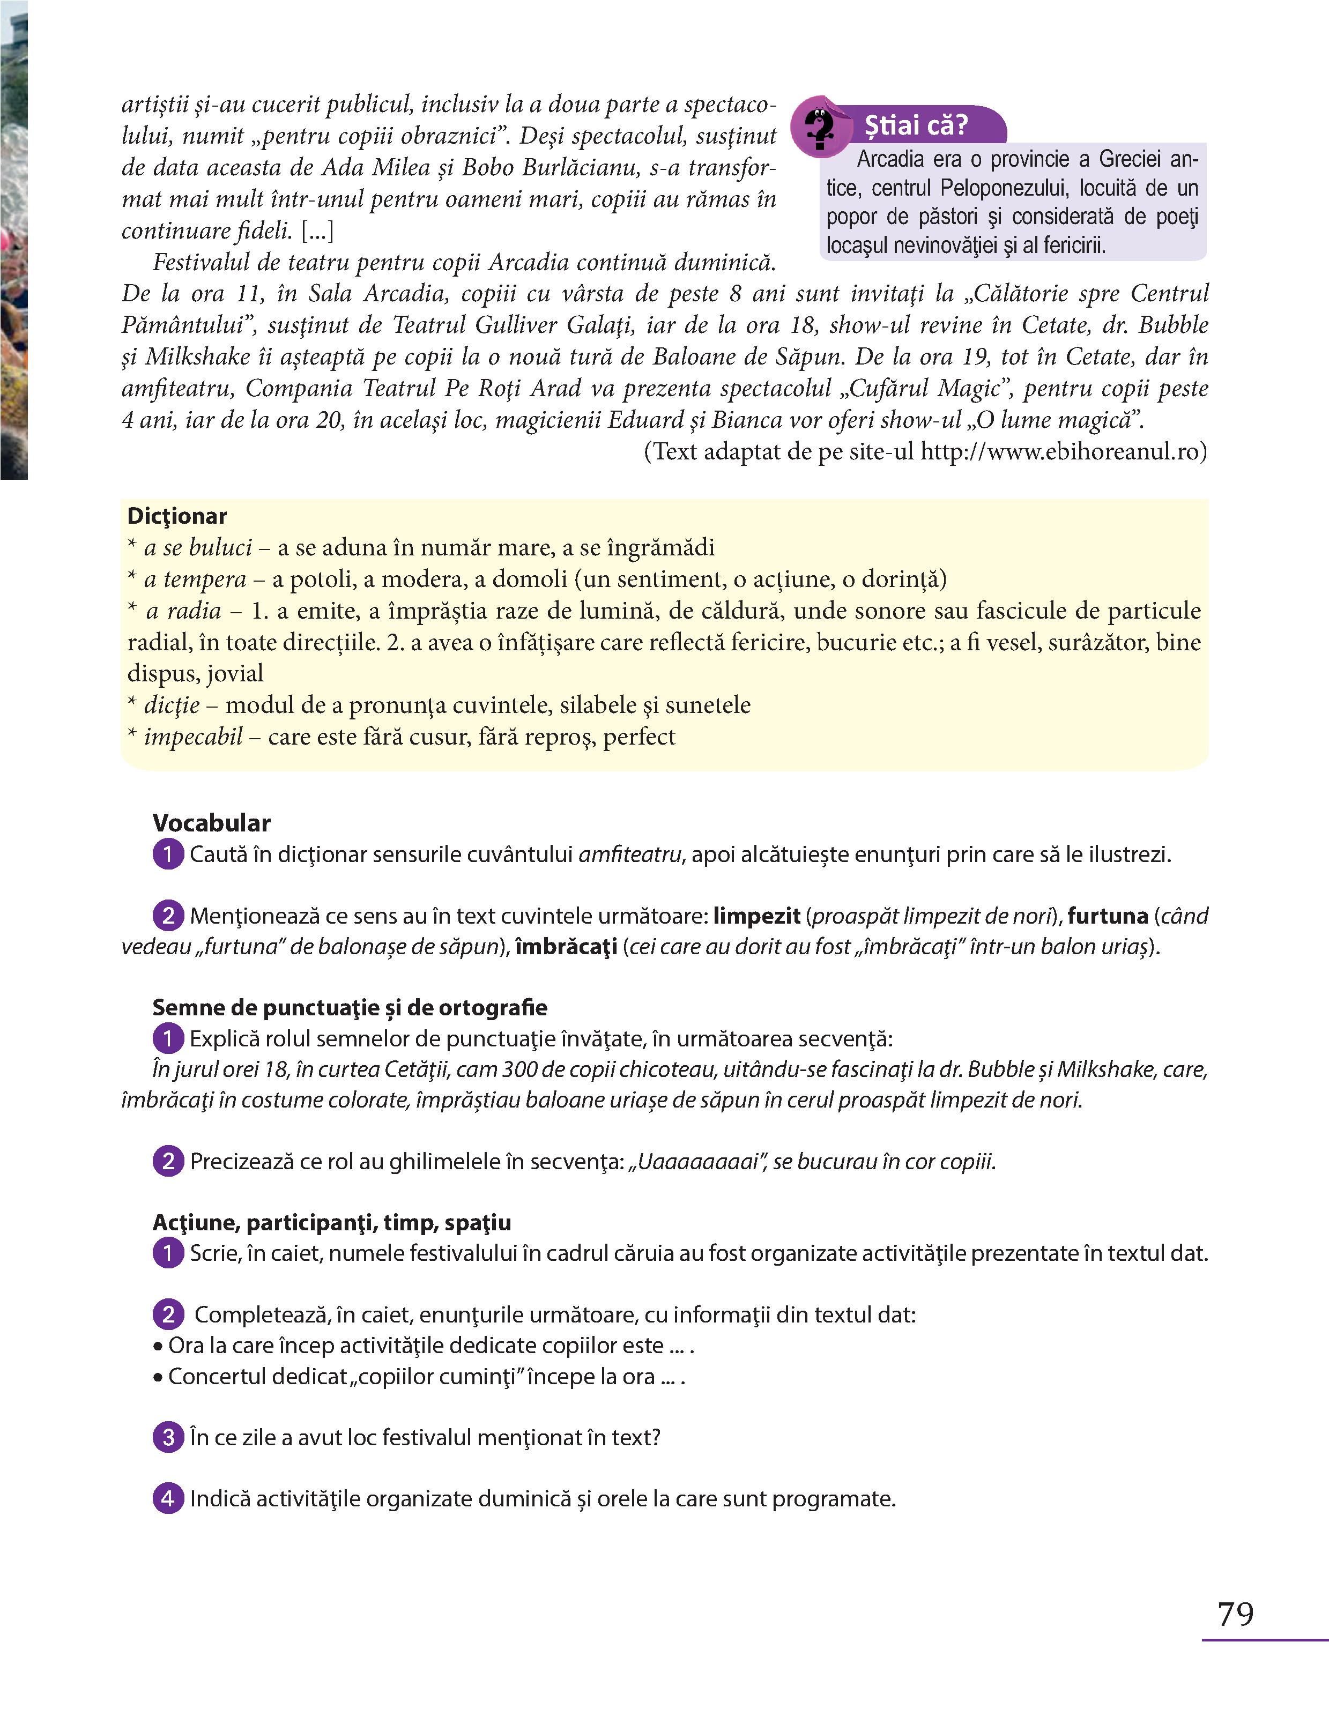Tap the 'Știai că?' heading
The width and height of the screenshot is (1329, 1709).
point(916,125)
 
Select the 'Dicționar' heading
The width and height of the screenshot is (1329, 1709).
point(177,516)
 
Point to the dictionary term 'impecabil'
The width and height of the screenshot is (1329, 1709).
point(194,737)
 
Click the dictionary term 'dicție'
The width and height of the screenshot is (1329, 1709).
point(172,705)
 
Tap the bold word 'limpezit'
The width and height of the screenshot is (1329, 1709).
point(756,916)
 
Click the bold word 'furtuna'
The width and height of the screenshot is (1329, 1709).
point(1108,916)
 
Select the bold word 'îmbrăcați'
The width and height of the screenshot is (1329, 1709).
point(566,947)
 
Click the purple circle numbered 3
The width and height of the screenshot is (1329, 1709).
point(168,1437)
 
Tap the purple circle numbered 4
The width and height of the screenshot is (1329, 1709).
point(168,1498)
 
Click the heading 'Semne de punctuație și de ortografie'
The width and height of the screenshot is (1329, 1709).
point(350,1008)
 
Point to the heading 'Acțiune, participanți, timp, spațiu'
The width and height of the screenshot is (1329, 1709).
point(332,1222)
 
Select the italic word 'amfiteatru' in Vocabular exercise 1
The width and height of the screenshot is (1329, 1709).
point(630,854)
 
